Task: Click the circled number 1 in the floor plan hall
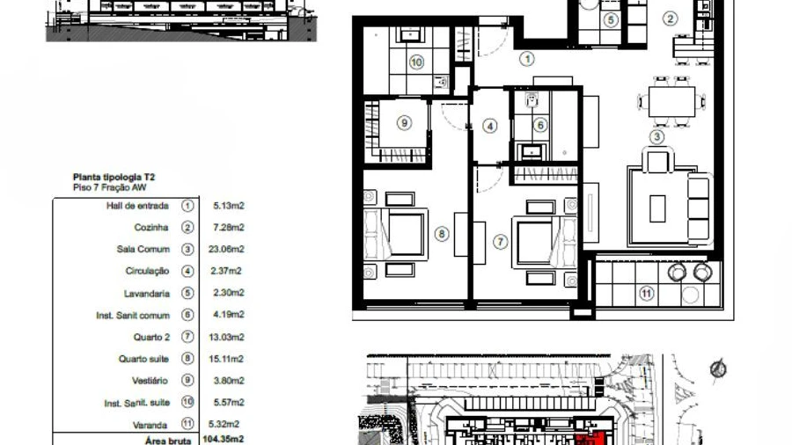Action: click(527, 59)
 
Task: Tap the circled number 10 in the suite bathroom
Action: click(416, 62)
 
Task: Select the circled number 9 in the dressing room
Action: click(404, 122)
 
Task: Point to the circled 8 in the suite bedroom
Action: click(442, 234)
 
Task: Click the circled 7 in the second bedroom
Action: click(500, 242)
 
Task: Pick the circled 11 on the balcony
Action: click(646, 294)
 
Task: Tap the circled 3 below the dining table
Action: click(656, 136)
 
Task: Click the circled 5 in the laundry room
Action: click(611, 19)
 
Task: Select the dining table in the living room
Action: click(671, 102)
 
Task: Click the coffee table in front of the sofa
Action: click(657, 208)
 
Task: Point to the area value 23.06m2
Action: click(226, 249)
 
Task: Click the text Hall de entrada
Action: click(137, 206)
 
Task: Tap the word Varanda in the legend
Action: click(150, 425)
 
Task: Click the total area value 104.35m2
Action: click(224, 440)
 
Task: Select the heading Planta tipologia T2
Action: click(114, 177)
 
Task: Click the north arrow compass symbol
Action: click(718, 368)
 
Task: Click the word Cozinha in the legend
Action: click(151, 228)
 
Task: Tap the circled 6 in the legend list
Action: click(187, 315)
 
